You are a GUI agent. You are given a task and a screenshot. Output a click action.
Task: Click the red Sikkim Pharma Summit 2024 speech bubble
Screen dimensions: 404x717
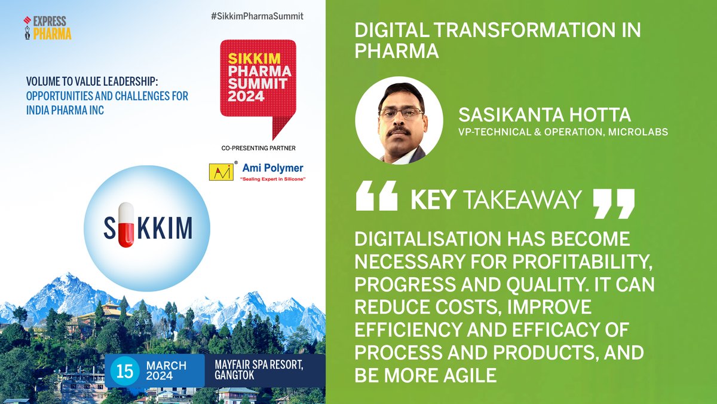[x=258, y=78]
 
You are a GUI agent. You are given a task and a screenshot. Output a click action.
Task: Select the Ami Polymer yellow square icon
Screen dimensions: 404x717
[x=219, y=171]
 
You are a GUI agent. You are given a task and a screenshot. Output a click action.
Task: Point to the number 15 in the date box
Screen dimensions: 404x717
[x=125, y=370]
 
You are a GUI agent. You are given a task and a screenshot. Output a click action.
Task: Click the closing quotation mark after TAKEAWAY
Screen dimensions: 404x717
[x=614, y=204]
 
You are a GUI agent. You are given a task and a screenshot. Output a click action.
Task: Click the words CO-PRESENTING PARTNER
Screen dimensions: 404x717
[x=257, y=147]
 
